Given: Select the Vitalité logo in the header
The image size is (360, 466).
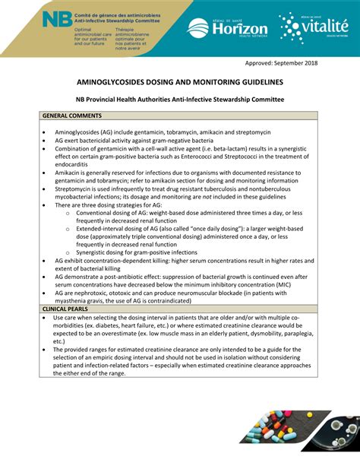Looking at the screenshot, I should coord(312,28).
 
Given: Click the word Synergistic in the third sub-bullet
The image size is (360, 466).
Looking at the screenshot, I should coord(92,252).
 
